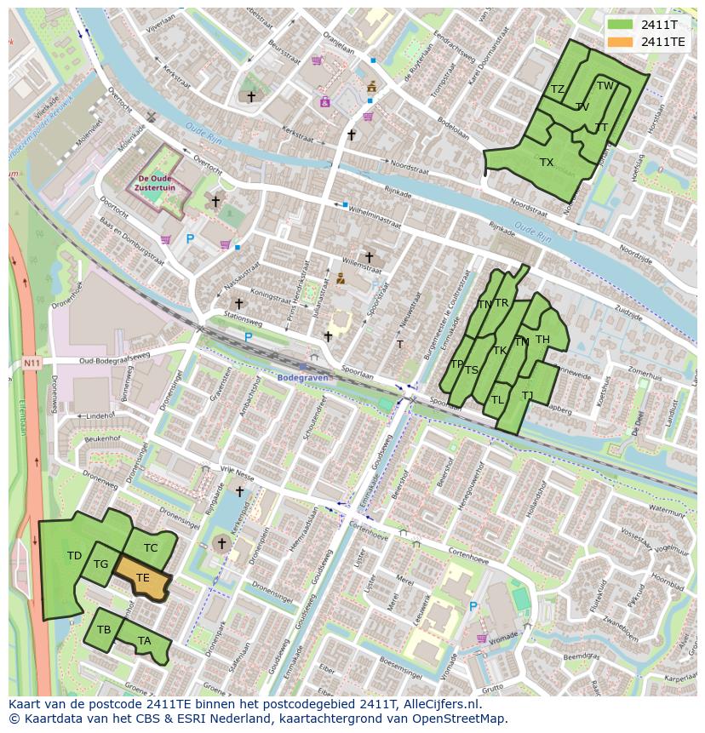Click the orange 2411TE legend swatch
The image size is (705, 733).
[x=621, y=42]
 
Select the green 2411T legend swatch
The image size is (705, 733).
[x=621, y=25]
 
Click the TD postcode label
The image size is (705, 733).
[x=74, y=556]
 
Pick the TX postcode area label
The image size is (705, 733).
[x=547, y=162]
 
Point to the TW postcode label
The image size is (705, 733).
[x=605, y=85]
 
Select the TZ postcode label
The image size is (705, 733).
[x=558, y=89]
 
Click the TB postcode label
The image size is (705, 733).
[x=104, y=630]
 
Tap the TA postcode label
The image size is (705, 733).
[x=144, y=640]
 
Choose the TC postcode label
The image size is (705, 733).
[x=151, y=547]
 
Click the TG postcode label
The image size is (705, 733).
[x=100, y=564]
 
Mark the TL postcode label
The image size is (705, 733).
[x=497, y=399]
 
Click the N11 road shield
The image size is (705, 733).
[x=32, y=363]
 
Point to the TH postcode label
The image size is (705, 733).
[x=542, y=340]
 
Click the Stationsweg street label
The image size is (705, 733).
[x=241, y=322]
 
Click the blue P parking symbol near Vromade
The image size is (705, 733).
[x=473, y=606]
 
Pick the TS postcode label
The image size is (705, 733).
[x=471, y=369]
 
